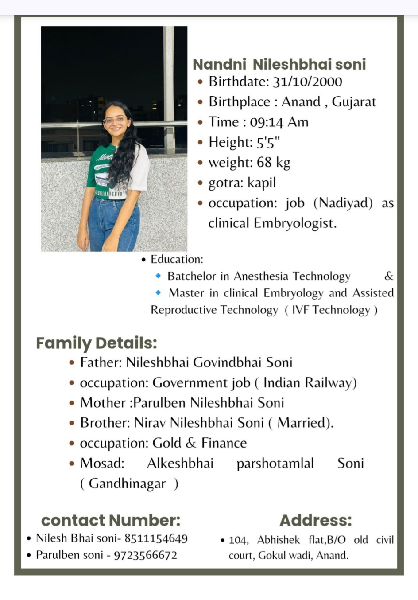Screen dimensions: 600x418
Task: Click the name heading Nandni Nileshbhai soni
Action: tap(279, 64)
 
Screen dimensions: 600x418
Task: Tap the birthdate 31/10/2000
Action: tap(307, 82)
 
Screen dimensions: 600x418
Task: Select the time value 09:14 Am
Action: tap(279, 122)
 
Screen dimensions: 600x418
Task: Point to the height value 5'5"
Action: tap(268, 142)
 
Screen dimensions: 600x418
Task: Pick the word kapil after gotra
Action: tap(261, 183)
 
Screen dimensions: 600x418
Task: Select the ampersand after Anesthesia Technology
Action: tap(389, 276)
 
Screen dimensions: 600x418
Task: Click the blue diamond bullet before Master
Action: tap(158, 292)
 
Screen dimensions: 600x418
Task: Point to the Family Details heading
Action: tap(97, 343)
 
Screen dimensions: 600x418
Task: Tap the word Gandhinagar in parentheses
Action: tap(127, 483)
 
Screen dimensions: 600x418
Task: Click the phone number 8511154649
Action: tap(156, 538)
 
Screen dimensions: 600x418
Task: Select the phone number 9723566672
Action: tap(145, 555)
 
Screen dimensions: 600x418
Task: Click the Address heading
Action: tap(316, 520)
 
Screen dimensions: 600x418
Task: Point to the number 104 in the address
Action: tap(238, 540)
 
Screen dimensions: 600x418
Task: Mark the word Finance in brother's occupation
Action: tap(224, 443)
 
